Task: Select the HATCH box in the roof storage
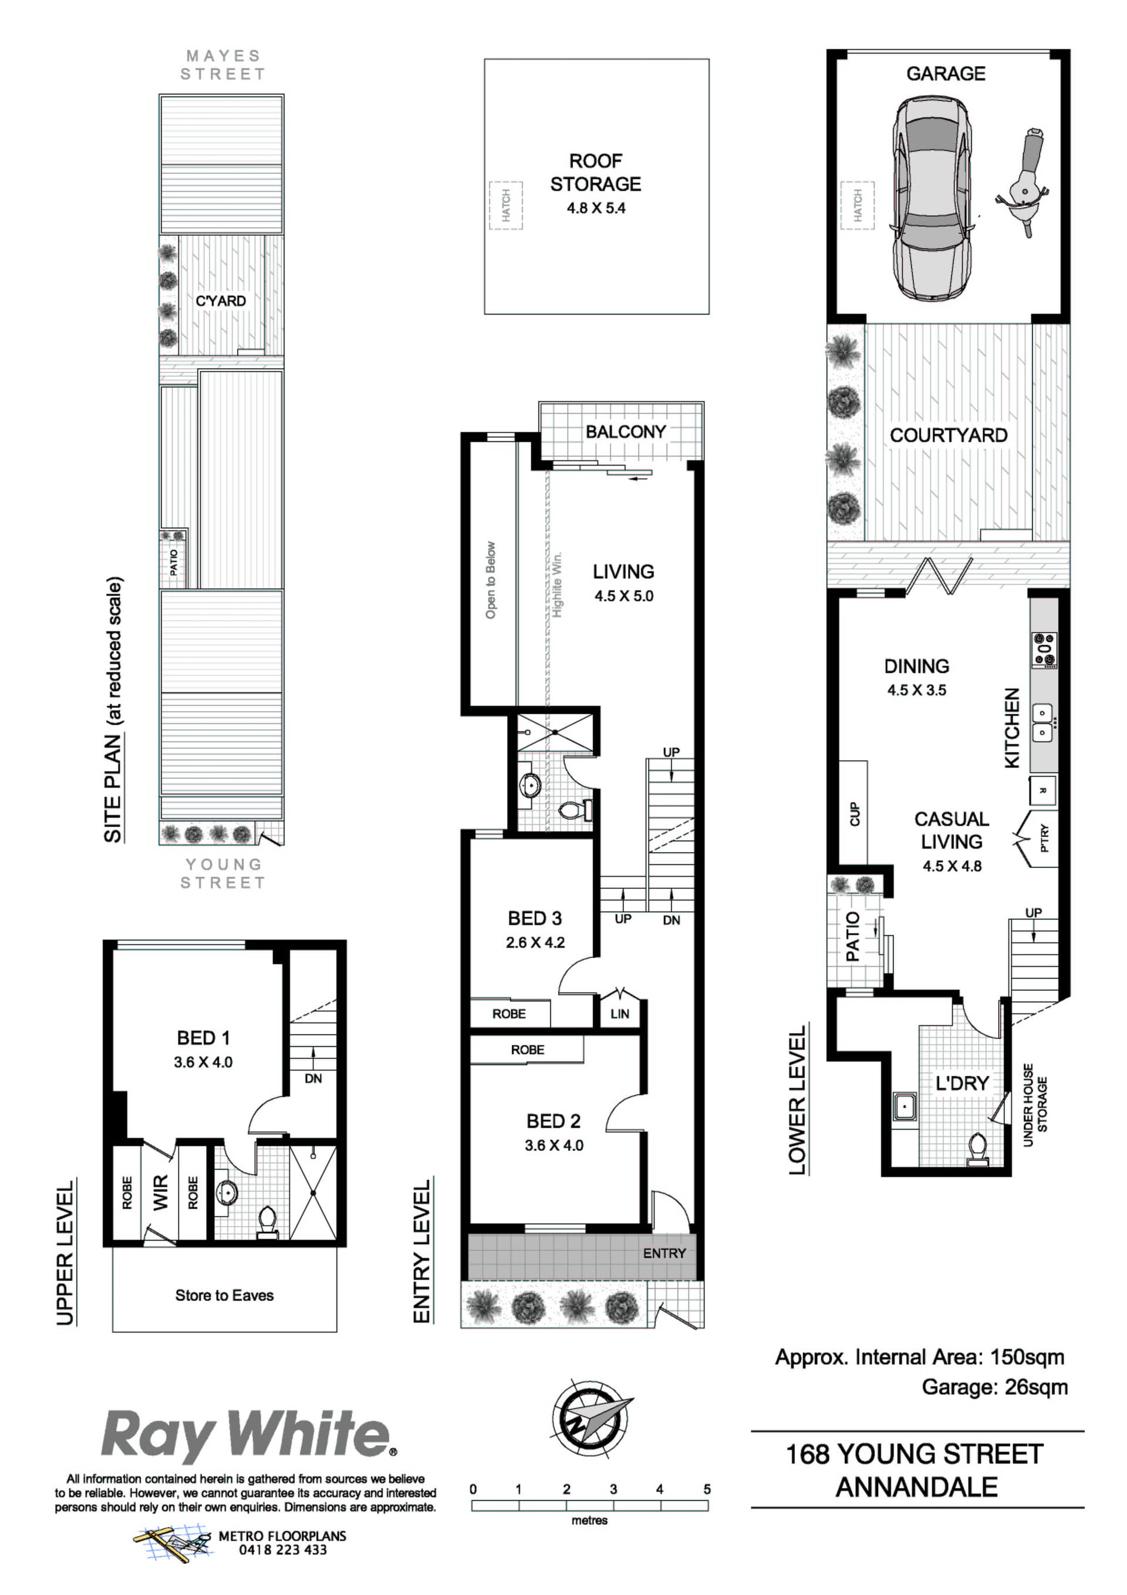[x=505, y=206]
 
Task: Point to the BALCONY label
[x=625, y=432]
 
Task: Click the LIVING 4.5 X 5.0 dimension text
[x=623, y=596]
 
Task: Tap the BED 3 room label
[x=535, y=918]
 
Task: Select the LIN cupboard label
[x=619, y=1014]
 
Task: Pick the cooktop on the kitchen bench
[x=1044, y=650]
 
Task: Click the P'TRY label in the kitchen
[x=1044, y=839]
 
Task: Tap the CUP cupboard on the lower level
[x=854, y=814]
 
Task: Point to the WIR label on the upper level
[x=160, y=1192]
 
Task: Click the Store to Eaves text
[x=224, y=1295]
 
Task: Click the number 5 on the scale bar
[x=706, y=1489]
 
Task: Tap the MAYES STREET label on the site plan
[x=223, y=65]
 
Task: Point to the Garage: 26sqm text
[x=994, y=1387]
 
